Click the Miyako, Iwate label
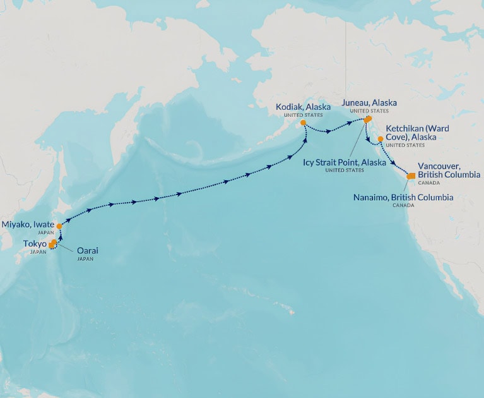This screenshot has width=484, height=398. (28, 224)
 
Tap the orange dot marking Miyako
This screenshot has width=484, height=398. (59, 226)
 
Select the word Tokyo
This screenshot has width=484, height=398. (35, 243)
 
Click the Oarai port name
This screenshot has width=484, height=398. (88, 250)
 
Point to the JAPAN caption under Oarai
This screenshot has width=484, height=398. (85, 259)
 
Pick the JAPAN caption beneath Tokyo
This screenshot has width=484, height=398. (38, 252)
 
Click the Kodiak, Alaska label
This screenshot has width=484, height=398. (303, 107)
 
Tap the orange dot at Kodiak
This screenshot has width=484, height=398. (303, 123)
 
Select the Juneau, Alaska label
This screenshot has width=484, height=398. (369, 102)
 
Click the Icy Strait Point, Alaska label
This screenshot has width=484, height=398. (345, 162)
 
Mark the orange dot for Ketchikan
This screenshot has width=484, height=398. (381, 139)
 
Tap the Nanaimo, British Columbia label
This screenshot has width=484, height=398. (404, 198)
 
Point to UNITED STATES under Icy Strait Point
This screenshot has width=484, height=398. (345, 171)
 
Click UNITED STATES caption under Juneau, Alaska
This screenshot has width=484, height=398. (369, 111)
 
